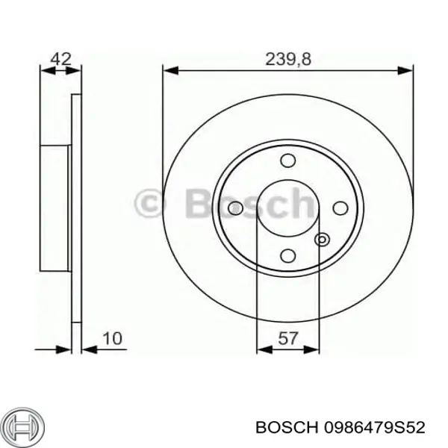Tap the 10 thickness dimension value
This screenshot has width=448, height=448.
(x=111, y=339)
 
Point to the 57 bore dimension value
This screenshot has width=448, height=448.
(x=287, y=339)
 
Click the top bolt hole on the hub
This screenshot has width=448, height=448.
(x=287, y=161)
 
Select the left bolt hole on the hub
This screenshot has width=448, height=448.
(x=237, y=208)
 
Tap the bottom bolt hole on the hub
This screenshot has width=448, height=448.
(x=287, y=257)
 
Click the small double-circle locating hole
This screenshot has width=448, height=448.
(x=322, y=240)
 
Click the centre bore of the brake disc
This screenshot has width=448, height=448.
(x=287, y=208)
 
